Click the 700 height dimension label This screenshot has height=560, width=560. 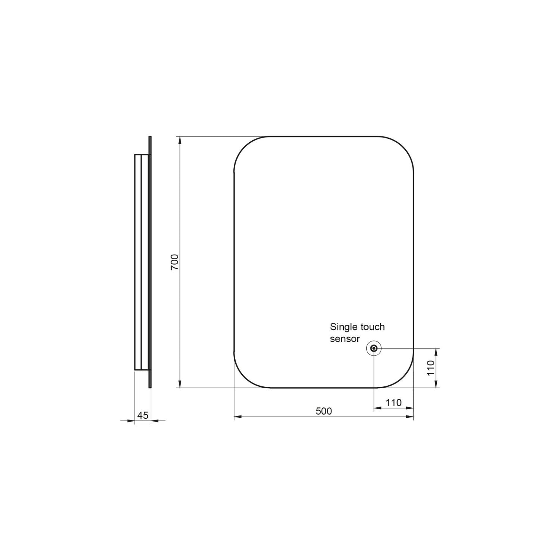(174, 262)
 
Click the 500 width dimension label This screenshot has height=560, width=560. (324, 411)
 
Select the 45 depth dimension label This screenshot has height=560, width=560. (143, 415)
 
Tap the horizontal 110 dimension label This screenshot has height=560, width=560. (393, 403)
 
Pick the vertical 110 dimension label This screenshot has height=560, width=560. (430, 368)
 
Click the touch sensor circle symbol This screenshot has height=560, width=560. (374, 348)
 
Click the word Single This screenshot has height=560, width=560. (343, 327)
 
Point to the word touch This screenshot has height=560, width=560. (372, 327)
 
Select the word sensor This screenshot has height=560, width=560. (345, 339)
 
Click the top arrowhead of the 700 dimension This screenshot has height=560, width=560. (179, 140)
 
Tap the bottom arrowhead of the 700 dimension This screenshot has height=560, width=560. (179, 384)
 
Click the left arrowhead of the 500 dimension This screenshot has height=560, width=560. (238, 417)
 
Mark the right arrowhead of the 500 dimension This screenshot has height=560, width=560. (410, 417)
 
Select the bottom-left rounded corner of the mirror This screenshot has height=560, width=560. (244, 378)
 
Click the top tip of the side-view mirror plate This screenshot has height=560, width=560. (150, 137)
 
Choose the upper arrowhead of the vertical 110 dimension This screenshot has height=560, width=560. (437, 352)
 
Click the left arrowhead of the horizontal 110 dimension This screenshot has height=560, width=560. (377, 408)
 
